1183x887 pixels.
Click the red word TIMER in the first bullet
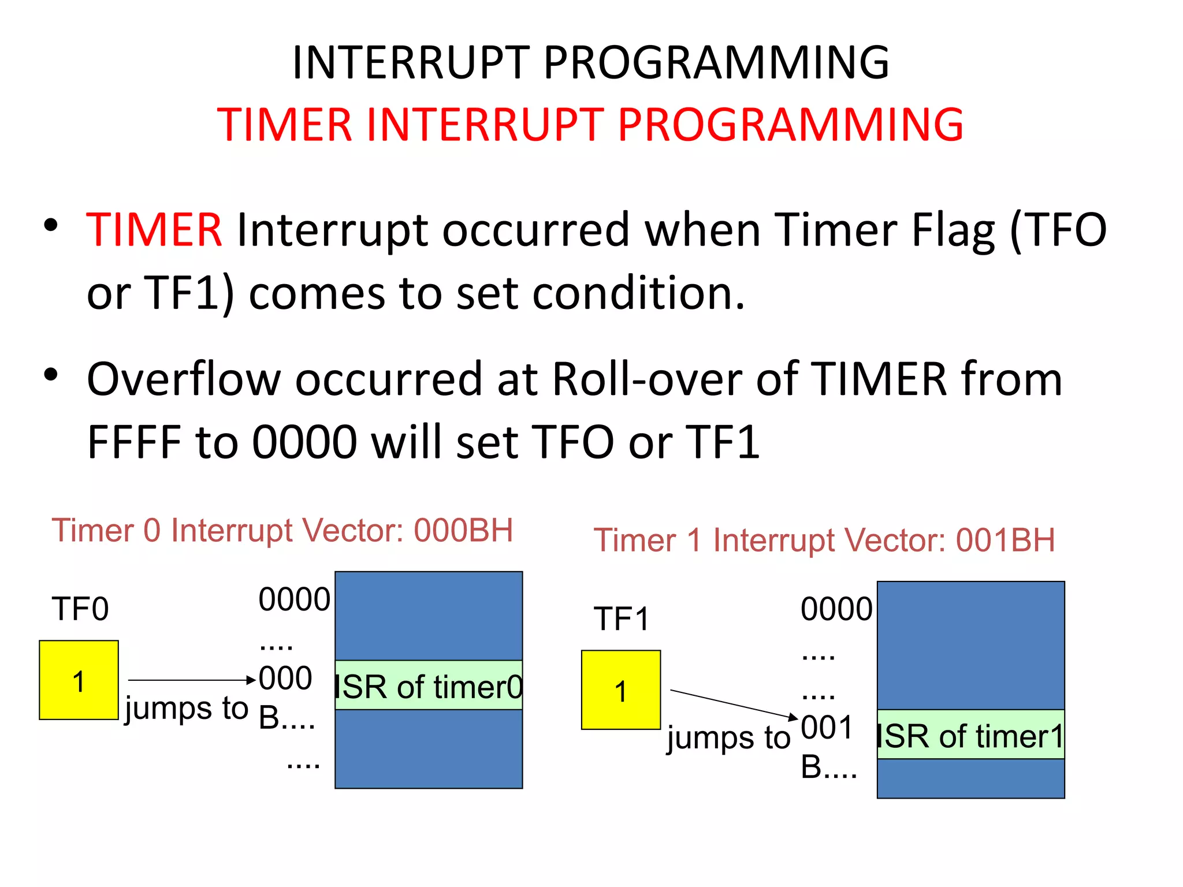click(x=154, y=230)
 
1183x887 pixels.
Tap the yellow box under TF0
click(x=79, y=680)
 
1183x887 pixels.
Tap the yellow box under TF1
click(x=620, y=690)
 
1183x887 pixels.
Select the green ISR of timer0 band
click(x=429, y=685)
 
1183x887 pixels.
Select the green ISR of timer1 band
click(x=970, y=735)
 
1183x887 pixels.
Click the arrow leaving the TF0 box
click(x=191, y=680)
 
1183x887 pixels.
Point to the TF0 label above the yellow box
click(x=80, y=609)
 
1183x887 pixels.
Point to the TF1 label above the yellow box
click(x=622, y=619)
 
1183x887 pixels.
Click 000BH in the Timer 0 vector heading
click(x=463, y=531)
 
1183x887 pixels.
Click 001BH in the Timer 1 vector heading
click(x=1005, y=541)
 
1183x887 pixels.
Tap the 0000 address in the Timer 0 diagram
click(x=294, y=599)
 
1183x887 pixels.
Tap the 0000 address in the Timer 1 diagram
click(x=836, y=609)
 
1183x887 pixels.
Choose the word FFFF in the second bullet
click(x=134, y=442)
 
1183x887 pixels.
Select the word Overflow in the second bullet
click(x=184, y=379)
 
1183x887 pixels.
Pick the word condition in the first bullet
click(x=638, y=293)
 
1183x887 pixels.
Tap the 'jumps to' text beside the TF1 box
click(x=728, y=738)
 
